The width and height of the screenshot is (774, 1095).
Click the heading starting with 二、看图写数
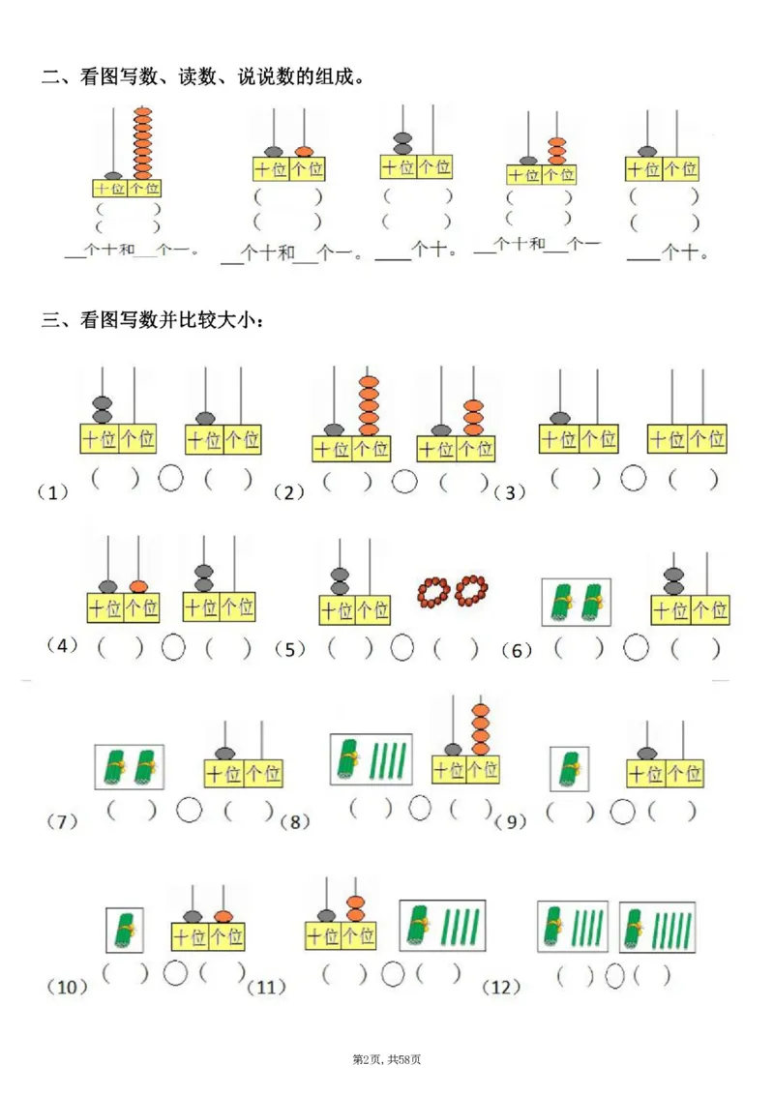point(203,76)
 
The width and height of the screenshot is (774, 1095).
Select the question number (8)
point(295,822)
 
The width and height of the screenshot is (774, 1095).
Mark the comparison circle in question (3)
point(634,478)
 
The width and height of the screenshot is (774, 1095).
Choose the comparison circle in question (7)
point(190,809)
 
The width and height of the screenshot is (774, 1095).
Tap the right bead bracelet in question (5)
point(471,588)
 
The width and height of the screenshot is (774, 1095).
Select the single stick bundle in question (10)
point(125,930)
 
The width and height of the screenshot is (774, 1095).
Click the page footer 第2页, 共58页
point(387,1060)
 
